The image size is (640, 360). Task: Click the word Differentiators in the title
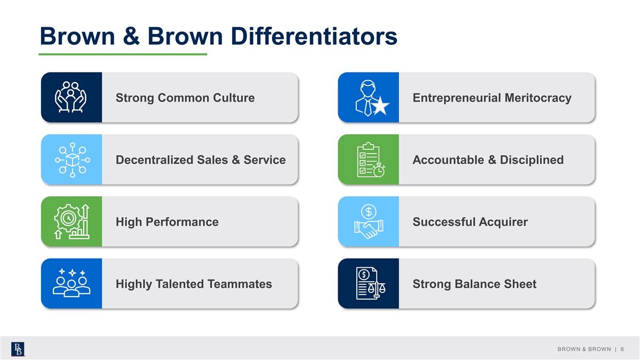click(x=314, y=36)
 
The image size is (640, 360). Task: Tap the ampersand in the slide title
click(x=131, y=36)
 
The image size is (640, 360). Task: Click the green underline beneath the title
click(x=123, y=54)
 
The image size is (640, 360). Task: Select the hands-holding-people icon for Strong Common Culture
click(x=71, y=97)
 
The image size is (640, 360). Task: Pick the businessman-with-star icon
click(x=372, y=98)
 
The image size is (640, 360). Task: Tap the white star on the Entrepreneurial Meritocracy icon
click(x=380, y=106)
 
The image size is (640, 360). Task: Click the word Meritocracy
click(x=538, y=98)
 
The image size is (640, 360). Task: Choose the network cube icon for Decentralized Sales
click(x=73, y=159)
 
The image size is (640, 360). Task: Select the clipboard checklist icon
click(x=371, y=159)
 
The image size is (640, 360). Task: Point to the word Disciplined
click(x=532, y=160)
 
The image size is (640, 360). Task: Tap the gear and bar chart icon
click(x=71, y=222)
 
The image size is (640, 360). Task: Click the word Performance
click(x=182, y=222)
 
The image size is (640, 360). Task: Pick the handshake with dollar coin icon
click(x=369, y=222)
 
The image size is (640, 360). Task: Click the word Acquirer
click(x=503, y=222)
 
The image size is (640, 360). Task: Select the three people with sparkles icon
click(x=71, y=283)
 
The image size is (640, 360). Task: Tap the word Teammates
click(x=239, y=284)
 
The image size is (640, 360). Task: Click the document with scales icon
click(x=370, y=283)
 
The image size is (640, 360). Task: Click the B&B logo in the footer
click(x=18, y=349)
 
